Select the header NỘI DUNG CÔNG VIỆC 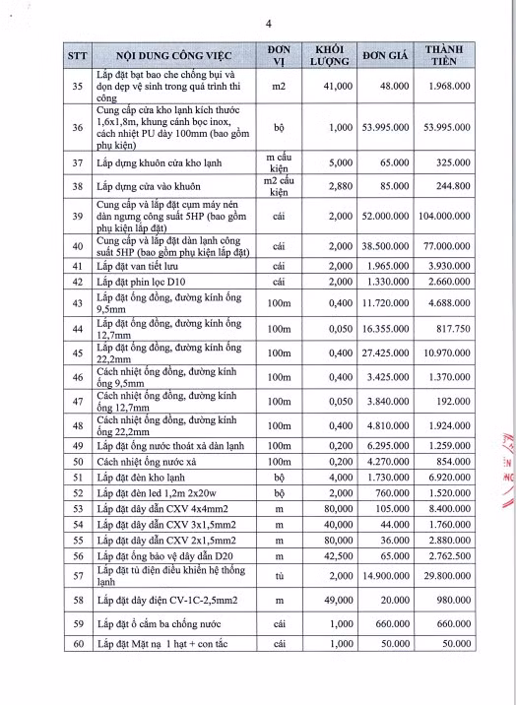(x=163, y=55)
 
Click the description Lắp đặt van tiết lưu (x=147, y=267)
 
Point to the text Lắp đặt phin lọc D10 (x=149, y=284)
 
